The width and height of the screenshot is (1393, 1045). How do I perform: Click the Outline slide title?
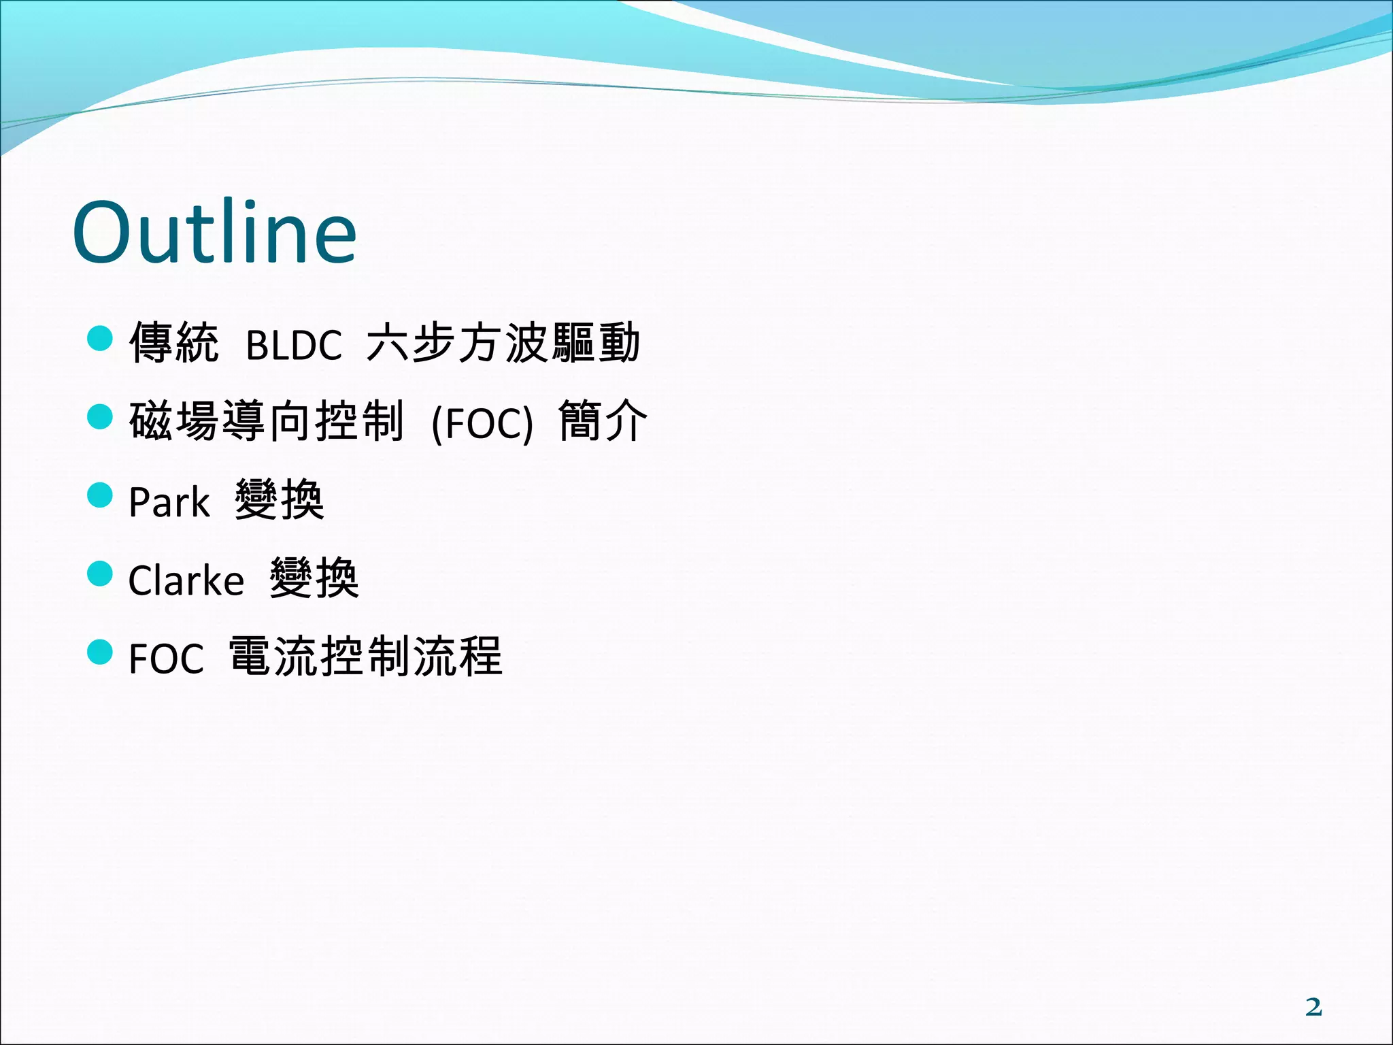tap(214, 233)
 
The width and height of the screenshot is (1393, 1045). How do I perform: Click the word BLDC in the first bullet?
tap(293, 346)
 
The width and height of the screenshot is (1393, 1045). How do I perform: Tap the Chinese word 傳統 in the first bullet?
tap(174, 343)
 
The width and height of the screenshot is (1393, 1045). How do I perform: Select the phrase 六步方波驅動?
tap(503, 343)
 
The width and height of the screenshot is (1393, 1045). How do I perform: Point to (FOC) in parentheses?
tap(482, 424)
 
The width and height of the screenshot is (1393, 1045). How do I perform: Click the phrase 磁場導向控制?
tap(267, 421)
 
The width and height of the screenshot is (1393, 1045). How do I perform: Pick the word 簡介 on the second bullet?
tap(603, 421)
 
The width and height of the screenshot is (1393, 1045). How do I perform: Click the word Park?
tap(169, 503)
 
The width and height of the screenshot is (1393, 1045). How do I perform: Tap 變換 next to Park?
tap(280, 500)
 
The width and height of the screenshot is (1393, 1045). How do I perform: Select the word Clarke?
tap(186, 581)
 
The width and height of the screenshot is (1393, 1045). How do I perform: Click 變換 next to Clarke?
tap(314, 578)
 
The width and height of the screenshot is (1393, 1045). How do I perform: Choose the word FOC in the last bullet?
tap(166, 659)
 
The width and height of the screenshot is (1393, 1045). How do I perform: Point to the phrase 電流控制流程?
tap(365, 657)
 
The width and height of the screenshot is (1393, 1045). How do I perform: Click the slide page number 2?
tap(1313, 1007)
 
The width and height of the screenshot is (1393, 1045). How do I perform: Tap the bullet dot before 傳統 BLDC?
tap(100, 338)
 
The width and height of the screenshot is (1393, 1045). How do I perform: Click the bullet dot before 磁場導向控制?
tap(100, 416)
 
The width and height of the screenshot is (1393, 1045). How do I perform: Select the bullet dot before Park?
tap(100, 495)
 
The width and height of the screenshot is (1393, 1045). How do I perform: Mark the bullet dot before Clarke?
tap(100, 574)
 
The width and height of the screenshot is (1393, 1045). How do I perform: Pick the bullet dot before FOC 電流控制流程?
tap(100, 652)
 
